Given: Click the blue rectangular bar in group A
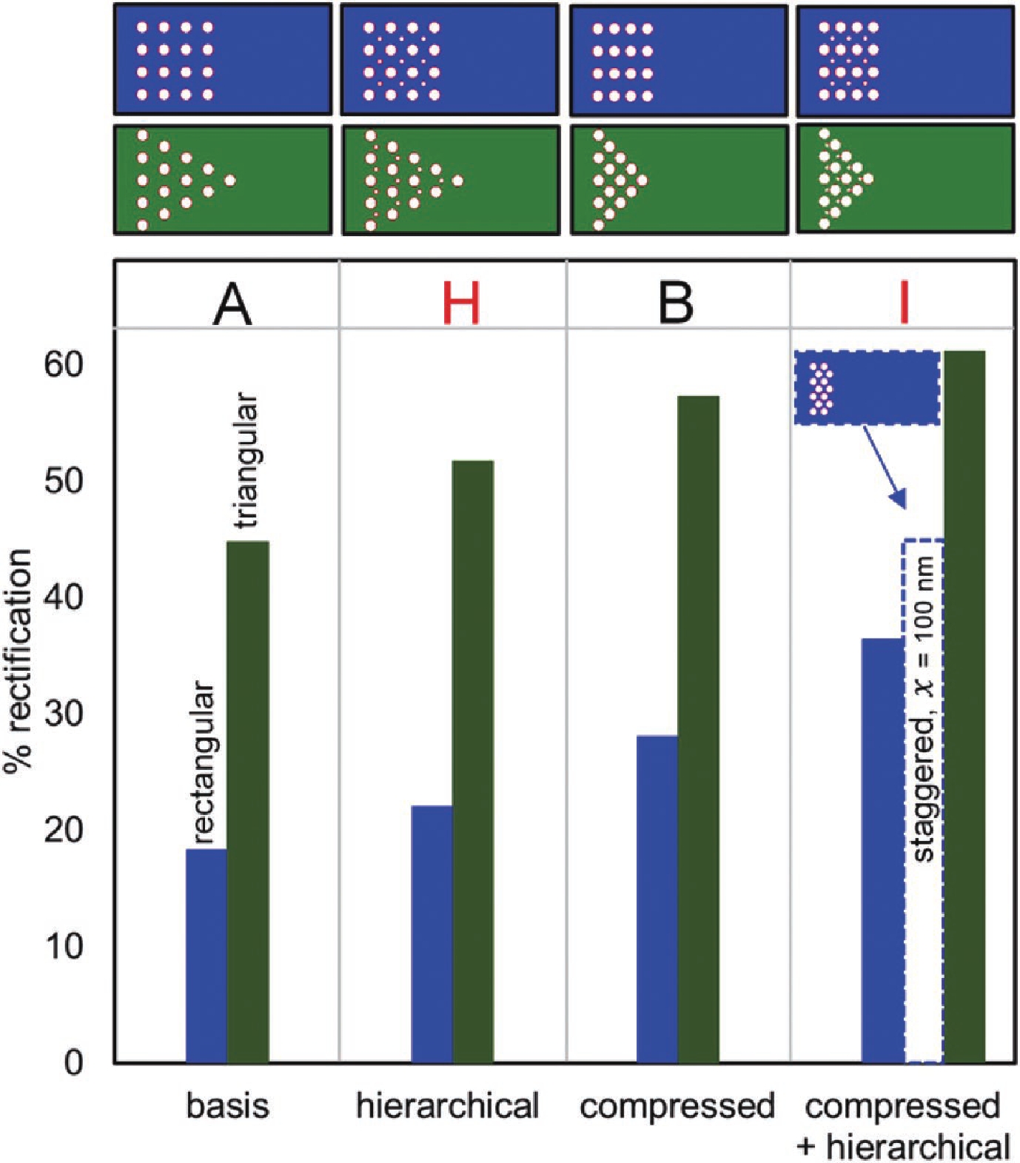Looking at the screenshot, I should (x=207, y=955).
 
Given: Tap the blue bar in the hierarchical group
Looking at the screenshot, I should (x=432, y=934).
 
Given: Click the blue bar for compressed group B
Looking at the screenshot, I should (x=657, y=899).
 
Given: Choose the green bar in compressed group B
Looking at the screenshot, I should (x=699, y=729).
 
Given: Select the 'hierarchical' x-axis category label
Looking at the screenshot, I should (x=448, y=1106).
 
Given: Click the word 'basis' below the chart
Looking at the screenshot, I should (x=228, y=1106).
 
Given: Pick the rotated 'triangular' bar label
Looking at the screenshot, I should (x=246, y=460).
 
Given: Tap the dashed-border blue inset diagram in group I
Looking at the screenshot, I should (x=867, y=388).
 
